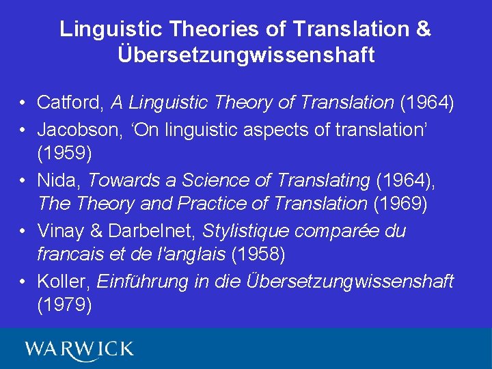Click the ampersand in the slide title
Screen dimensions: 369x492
tap(424, 29)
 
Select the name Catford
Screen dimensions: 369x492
tap(70, 103)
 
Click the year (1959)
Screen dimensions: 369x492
tap(64, 154)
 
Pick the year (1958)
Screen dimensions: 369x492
tap(258, 256)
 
